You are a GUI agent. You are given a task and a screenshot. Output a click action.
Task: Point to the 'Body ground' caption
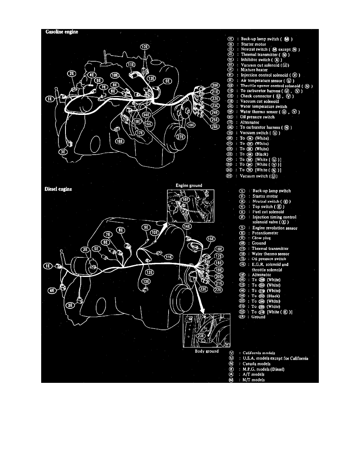tap(207, 351)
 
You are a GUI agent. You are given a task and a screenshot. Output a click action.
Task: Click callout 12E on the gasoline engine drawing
tap(145, 47)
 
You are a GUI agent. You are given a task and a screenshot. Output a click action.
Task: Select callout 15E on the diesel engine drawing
tap(211, 238)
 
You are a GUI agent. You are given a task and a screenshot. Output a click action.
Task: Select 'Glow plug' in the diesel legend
tap(262, 238)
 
